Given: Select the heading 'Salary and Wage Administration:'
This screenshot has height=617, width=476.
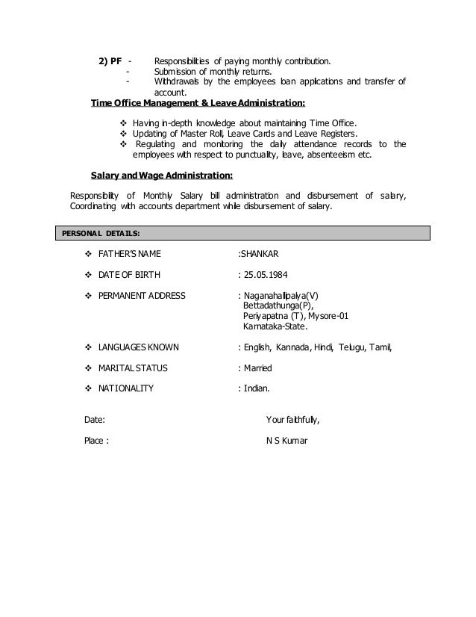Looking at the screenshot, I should [161, 176].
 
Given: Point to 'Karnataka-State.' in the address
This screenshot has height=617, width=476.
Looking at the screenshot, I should [275, 326].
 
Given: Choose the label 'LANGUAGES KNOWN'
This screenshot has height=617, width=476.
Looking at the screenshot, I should [143, 347].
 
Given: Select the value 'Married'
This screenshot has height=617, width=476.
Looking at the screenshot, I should [258, 368].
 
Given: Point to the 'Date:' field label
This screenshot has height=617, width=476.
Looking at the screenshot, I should [94, 420].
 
